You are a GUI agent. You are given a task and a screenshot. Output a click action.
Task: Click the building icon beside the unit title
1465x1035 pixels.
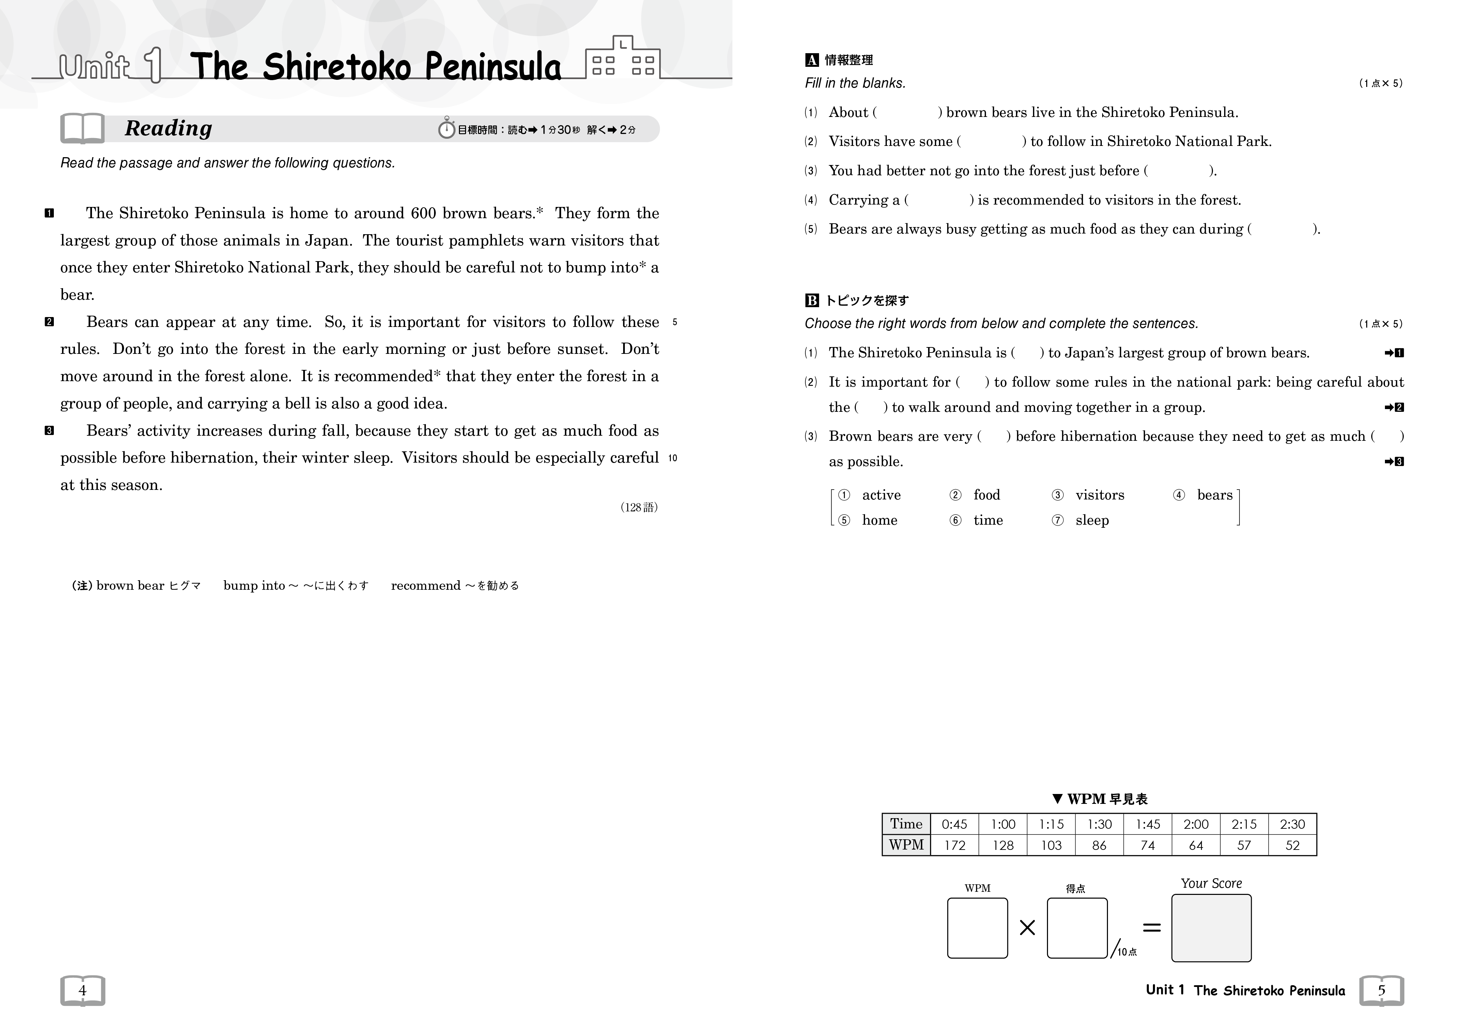pos(622,59)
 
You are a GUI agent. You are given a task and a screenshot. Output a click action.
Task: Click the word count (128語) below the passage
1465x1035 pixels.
pos(639,508)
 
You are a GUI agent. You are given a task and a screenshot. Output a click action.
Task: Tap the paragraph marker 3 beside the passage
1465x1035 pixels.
pos(49,431)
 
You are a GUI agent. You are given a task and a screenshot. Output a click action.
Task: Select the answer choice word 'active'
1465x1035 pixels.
pos(881,495)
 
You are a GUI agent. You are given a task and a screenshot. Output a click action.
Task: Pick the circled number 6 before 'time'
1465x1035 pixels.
pos(955,520)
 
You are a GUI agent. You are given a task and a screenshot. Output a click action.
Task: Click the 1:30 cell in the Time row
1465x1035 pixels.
pos(1099,824)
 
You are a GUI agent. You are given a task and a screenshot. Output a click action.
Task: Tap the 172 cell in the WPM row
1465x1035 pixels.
pos(955,845)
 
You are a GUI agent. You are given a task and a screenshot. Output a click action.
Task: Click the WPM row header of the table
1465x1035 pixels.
pos(906,845)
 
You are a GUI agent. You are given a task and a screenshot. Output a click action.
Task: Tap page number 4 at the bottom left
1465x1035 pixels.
pos(82,990)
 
